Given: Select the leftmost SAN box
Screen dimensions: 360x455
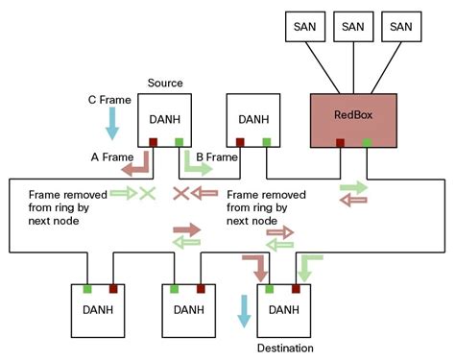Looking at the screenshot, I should pos(305,28).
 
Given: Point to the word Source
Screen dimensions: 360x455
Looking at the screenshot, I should pos(165,84).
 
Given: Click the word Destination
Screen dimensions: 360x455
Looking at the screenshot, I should pos(285,348).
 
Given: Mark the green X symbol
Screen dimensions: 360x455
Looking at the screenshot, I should pos(147,193).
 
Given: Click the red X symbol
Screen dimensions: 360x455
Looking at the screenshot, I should pos(180,193).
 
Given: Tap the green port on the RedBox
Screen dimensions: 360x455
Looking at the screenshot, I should pos(367,144).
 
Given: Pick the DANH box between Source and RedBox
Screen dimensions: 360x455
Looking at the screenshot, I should pos(253,119).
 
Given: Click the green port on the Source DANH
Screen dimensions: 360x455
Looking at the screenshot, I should pos(180,144).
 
